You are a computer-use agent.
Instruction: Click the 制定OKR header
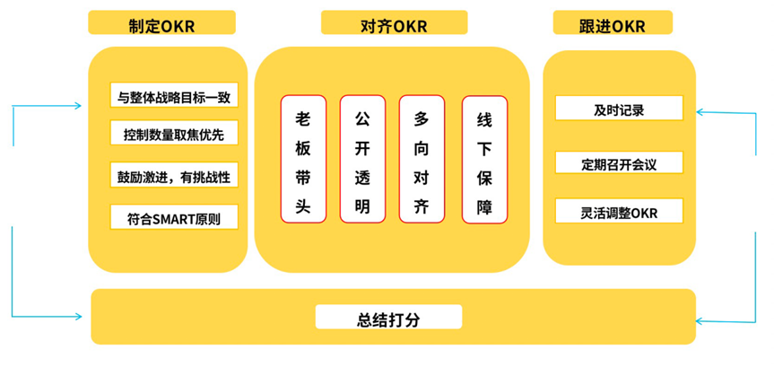tap(162, 23)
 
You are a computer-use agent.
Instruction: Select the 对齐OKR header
tap(394, 23)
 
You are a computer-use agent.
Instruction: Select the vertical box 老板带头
tap(303, 160)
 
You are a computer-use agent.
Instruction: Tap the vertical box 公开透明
tap(362, 160)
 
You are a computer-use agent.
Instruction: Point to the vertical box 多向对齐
tap(422, 160)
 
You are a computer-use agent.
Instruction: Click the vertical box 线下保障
tap(484, 160)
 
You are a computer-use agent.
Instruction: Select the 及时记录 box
tap(619, 109)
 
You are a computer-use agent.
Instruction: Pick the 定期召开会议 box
tap(619, 164)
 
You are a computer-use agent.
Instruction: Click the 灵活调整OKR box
tap(619, 213)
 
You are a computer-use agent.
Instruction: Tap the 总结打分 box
tap(388, 318)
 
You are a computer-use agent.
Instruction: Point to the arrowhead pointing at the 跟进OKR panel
tap(702, 114)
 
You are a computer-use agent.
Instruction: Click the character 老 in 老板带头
tap(303, 119)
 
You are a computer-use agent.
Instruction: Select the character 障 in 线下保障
tap(484, 206)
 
